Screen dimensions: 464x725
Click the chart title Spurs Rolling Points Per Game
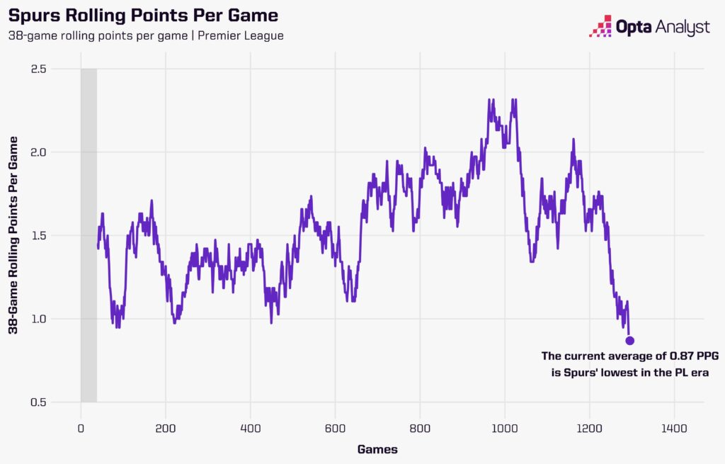143,15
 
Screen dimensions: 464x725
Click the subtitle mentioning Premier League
146,35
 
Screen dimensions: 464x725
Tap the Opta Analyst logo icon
603,26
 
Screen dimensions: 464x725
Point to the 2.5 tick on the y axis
39,69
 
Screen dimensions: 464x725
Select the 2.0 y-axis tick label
39,152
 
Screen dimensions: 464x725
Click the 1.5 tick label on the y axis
39,235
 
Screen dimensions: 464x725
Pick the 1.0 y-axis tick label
39,319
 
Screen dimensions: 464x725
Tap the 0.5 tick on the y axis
39,402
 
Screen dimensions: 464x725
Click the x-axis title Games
377,449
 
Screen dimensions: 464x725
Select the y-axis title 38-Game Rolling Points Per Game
13,235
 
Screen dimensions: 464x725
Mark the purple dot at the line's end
629,341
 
